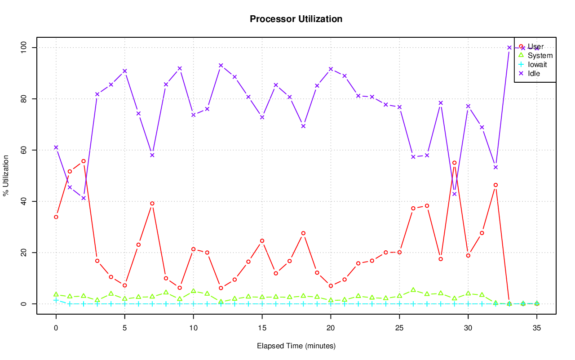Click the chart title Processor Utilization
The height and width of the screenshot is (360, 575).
tap(296, 19)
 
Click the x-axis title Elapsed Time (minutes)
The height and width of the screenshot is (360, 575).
tap(296, 346)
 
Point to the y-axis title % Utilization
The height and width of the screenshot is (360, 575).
tap(6, 176)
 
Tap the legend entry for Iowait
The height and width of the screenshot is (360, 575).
tap(537, 65)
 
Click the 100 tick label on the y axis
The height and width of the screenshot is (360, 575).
tap(24, 47)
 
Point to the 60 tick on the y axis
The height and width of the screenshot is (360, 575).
tap(24, 150)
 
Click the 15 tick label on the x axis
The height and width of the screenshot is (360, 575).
tap(262, 329)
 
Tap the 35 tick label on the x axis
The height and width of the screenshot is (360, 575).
tap(537, 329)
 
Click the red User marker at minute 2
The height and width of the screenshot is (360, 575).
tap(84, 161)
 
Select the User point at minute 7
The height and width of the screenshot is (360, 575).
tap(152, 204)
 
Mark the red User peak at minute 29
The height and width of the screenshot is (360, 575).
tap(454, 163)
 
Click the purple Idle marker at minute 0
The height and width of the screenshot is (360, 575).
tap(56, 147)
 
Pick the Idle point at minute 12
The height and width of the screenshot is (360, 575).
tap(221, 65)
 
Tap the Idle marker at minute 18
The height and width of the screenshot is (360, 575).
tap(303, 126)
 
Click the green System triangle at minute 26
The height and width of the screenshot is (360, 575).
tap(413, 290)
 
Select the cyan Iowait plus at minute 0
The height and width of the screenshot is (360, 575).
tap(56, 300)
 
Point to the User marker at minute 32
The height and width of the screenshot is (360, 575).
tap(495, 185)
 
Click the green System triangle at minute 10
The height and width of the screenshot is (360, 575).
tap(193, 291)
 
